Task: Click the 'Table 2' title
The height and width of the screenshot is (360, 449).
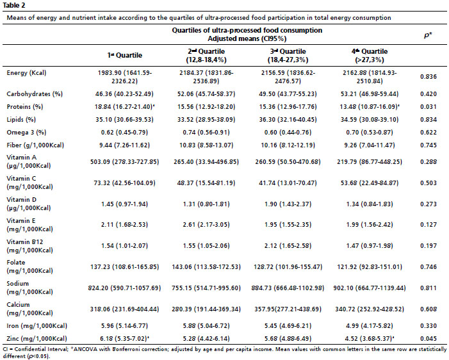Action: (x=13, y=5)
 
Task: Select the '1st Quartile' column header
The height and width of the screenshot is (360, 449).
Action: (x=124, y=55)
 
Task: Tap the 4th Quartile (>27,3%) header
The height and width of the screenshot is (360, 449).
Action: (x=370, y=56)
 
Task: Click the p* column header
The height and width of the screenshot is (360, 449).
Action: (x=428, y=35)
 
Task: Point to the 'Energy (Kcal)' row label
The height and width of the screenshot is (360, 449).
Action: (x=26, y=73)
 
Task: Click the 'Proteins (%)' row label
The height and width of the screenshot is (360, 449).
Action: (x=25, y=107)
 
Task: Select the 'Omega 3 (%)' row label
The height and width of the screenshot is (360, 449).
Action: (x=26, y=133)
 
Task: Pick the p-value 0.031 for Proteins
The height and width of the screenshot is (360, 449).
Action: (x=429, y=107)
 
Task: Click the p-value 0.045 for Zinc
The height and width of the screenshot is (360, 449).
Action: (x=429, y=338)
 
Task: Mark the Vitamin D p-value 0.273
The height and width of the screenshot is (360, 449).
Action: (x=429, y=204)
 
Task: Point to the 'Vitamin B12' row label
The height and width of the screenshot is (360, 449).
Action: (x=25, y=242)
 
